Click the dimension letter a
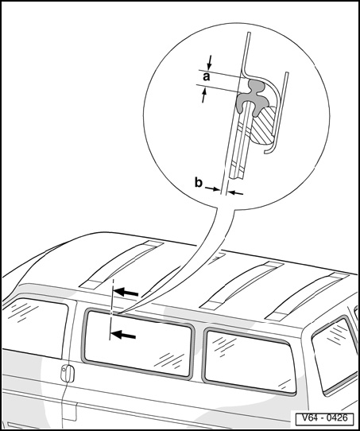coord(206,77)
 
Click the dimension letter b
coord(198,182)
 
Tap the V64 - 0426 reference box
coord(324,418)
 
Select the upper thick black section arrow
coord(126,292)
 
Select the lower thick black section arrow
coord(123,335)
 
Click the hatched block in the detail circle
coord(263,125)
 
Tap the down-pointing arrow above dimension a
coord(210,62)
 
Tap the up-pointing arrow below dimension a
coord(204,95)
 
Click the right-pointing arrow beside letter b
coord(212,188)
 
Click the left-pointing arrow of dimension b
coord(235,193)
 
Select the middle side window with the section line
coord(138,344)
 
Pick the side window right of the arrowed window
coord(249,361)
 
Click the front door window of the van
coord(34,328)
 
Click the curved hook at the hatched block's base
coord(271,147)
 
